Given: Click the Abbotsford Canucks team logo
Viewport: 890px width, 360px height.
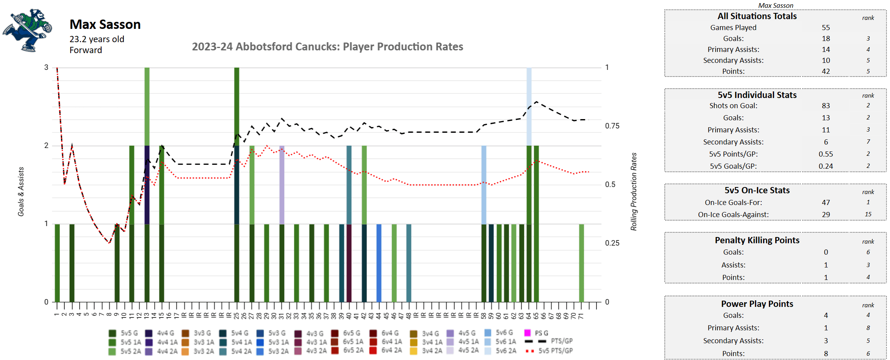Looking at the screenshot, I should pyautogui.click(x=27, y=30).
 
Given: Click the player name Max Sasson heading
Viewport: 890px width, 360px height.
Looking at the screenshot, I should pyautogui.click(x=105, y=25).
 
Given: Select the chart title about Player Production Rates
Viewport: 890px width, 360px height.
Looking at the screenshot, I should pyautogui.click(x=327, y=47).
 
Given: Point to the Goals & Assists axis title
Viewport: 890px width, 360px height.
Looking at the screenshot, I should pyautogui.click(x=21, y=192).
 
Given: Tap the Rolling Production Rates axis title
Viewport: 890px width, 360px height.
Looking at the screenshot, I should pyautogui.click(x=634, y=192).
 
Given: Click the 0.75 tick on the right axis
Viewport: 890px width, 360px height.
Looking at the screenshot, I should pyautogui.click(x=612, y=126).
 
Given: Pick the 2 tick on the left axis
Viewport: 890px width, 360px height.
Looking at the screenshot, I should pyautogui.click(x=46, y=146).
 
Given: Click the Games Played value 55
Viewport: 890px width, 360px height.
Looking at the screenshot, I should pyautogui.click(x=826, y=28).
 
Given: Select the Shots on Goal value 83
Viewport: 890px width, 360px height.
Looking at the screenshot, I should pyautogui.click(x=826, y=106).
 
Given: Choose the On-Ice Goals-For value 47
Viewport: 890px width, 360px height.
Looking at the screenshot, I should pyautogui.click(x=826, y=203).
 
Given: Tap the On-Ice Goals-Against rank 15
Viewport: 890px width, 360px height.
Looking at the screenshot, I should pyautogui.click(x=868, y=214).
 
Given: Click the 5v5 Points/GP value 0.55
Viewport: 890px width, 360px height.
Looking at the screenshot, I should pyautogui.click(x=826, y=154).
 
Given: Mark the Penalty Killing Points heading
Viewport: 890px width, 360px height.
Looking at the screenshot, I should pyautogui.click(x=757, y=241).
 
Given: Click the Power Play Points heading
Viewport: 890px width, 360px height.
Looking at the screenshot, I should pyautogui.click(x=757, y=304).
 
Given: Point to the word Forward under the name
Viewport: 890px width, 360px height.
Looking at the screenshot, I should pyautogui.click(x=86, y=50).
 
